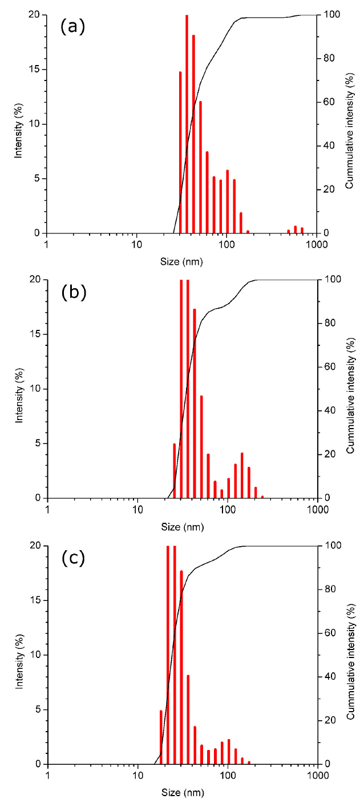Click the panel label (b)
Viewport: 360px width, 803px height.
pos(73,292)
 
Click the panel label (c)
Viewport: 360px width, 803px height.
pos(73,558)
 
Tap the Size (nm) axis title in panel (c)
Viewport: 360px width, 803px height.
pos(182,793)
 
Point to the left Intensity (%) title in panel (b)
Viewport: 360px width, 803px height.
pos(18,389)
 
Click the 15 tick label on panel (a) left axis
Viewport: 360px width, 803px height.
pos(35,70)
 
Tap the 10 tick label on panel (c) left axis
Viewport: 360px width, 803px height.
pos(35,655)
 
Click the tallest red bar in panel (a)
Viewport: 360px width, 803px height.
pos(187,124)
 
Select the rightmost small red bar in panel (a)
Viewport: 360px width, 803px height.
pos(302,230)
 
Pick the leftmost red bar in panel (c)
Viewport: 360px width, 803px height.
pos(161,737)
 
